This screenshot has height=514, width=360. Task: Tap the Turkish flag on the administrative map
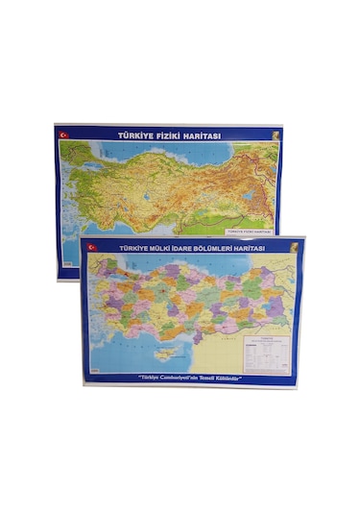[93, 247]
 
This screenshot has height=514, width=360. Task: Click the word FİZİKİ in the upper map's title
[167, 135]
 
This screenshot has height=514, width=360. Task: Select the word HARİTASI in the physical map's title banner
[203, 135]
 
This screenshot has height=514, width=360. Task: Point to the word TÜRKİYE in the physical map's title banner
[132, 135]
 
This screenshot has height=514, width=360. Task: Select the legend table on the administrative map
[263, 351]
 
